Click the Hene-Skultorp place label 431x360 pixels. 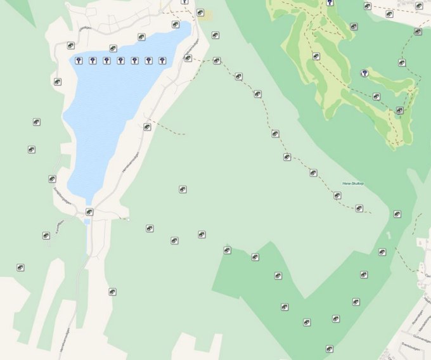click(x=353, y=183)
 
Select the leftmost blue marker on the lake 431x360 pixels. click(x=79, y=61)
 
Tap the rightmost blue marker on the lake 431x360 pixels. click(x=162, y=61)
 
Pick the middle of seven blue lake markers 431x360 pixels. click(x=120, y=61)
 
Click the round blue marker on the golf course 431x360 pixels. click(x=364, y=74)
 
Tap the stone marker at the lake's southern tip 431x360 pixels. click(x=89, y=212)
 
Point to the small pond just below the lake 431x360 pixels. click(x=87, y=222)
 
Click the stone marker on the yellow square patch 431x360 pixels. click(x=200, y=13)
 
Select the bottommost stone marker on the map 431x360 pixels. click(x=330, y=349)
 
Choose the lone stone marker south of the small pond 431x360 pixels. click(x=112, y=292)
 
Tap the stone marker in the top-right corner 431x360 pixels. click(x=419, y=6)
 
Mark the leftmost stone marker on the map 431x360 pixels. click(x=20, y=268)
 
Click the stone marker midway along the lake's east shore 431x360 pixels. click(x=147, y=127)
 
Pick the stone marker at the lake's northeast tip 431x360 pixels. click(x=176, y=25)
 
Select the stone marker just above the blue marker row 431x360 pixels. click(x=113, y=48)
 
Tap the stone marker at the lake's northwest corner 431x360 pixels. click(x=71, y=46)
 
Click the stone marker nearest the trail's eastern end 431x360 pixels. click(x=359, y=208)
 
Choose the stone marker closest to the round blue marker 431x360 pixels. click(x=376, y=96)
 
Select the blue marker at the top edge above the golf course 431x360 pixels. click(x=330, y=3)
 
